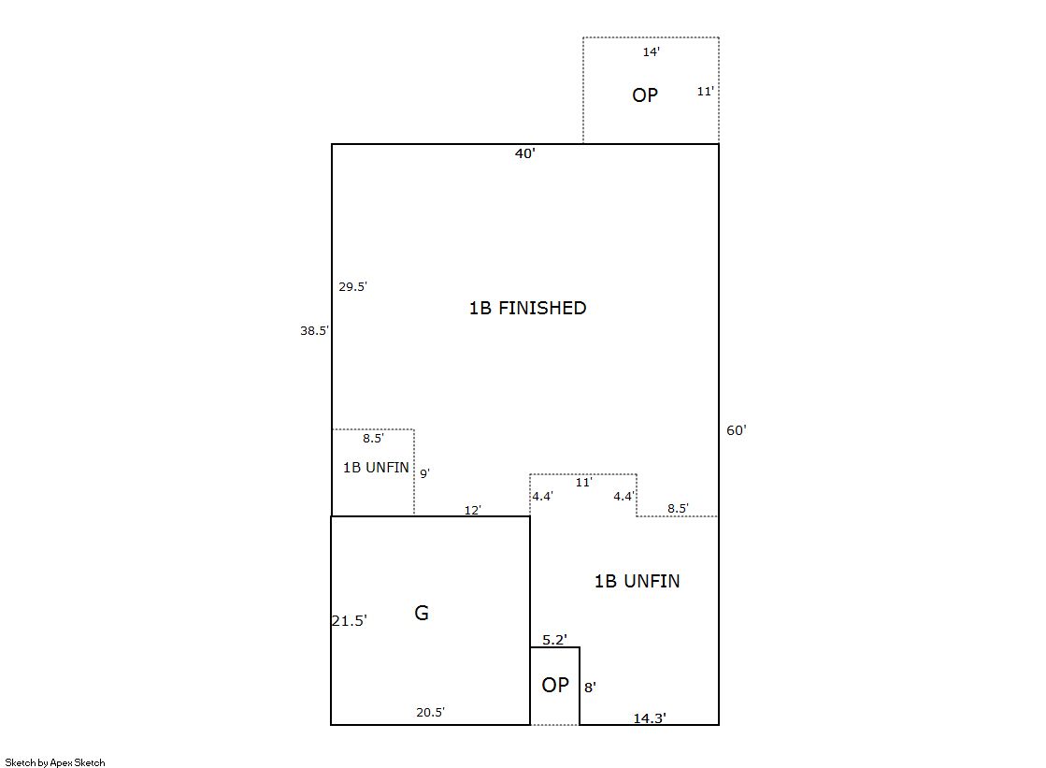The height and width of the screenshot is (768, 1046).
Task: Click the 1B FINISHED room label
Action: [x=527, y=308]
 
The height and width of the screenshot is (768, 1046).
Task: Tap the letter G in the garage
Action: [x=422, y=613]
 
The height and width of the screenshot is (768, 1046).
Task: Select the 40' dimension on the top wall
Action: [x=525, y=153]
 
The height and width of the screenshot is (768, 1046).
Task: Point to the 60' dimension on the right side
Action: [x=737, y=430]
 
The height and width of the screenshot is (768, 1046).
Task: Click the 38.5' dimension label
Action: [x=314, y=330]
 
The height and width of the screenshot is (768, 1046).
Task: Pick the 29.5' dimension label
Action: [x=353, y=286]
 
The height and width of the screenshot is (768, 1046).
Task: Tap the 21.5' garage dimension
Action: [x=350, y=621]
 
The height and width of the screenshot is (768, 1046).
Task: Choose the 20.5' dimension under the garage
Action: [x=430, y=713]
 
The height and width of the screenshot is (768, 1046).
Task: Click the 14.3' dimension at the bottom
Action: [x=650, y=717]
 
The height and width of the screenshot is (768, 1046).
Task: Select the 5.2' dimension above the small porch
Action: [x=554, y=640]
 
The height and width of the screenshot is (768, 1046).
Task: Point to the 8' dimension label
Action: [x=591, y=688]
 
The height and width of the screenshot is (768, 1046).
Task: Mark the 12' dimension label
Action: [x=473, y=510]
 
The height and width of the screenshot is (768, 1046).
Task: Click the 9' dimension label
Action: [x=425, y=473]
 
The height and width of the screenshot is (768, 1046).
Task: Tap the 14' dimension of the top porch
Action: [x=652, y=52]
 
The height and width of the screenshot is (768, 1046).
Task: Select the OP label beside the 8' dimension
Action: [x=555, y=685]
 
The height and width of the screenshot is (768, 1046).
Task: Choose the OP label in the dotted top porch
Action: [x=645, y=94]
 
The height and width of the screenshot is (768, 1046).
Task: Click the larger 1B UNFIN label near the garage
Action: [x=638, y=581]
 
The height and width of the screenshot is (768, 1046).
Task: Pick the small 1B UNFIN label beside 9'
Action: [x=376, y=468]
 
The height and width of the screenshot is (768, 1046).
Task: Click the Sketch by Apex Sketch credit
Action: [x=55, y=762]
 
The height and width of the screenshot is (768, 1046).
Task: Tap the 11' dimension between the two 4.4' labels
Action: [x=583, y=482]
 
